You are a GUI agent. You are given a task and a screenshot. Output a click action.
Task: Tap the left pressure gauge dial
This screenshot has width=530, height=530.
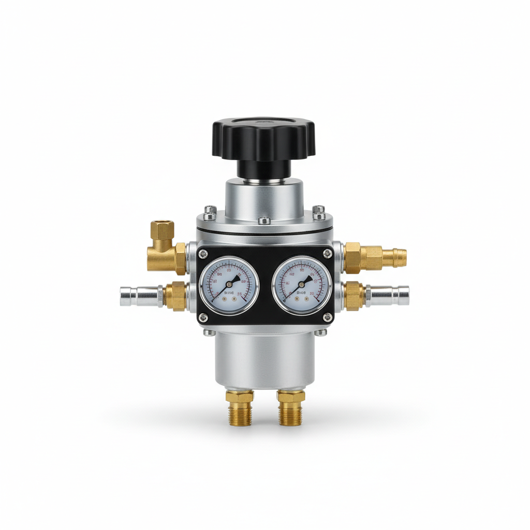point(229,286)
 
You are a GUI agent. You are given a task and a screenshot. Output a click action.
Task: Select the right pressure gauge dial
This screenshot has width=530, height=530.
point(302,286)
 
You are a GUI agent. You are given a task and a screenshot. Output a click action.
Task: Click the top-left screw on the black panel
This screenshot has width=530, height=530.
point(203,253)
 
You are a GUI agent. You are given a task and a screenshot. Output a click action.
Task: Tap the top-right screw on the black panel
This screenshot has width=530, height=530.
point(327,253)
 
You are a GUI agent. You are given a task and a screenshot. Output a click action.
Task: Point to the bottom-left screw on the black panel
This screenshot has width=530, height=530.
point(203,317)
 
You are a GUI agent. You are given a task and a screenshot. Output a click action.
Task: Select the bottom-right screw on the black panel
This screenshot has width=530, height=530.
point(327,317)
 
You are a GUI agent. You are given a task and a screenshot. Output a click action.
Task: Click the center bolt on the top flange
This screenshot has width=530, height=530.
point(264,220)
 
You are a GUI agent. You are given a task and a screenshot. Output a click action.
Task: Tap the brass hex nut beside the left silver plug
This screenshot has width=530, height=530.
point(176,297)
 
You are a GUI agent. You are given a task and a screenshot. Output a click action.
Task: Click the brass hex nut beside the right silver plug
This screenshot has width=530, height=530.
point(355,296)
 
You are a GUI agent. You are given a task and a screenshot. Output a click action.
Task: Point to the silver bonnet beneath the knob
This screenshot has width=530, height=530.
point(264,199)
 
